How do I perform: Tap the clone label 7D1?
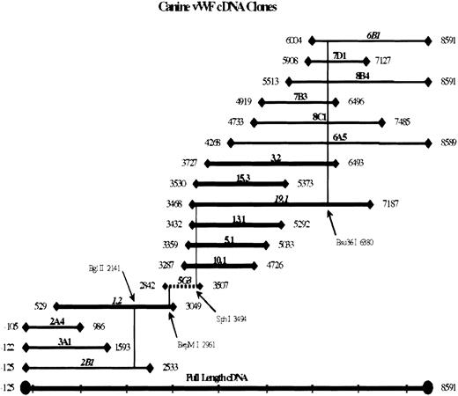pyautogui.click(x=339, y=55)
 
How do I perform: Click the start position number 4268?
pyautogui.click(x=212, y=143)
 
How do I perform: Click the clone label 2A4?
pyautogui.click(x=57, y=321)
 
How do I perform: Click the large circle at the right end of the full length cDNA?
pyautogui.click(x=429, y=385)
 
